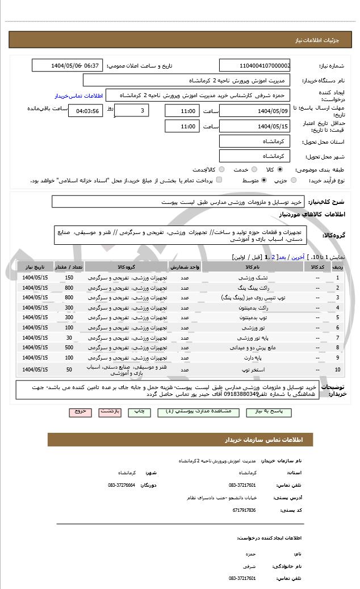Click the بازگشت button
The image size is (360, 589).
pyautogui.click(x=110, y=411)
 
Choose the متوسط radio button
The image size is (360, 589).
pyautogui.click(x=256, y=180)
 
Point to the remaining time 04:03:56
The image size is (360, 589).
pyautogui.click(x=85, y=111)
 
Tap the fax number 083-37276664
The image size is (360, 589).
pyautogui.click(x=122, y=485)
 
